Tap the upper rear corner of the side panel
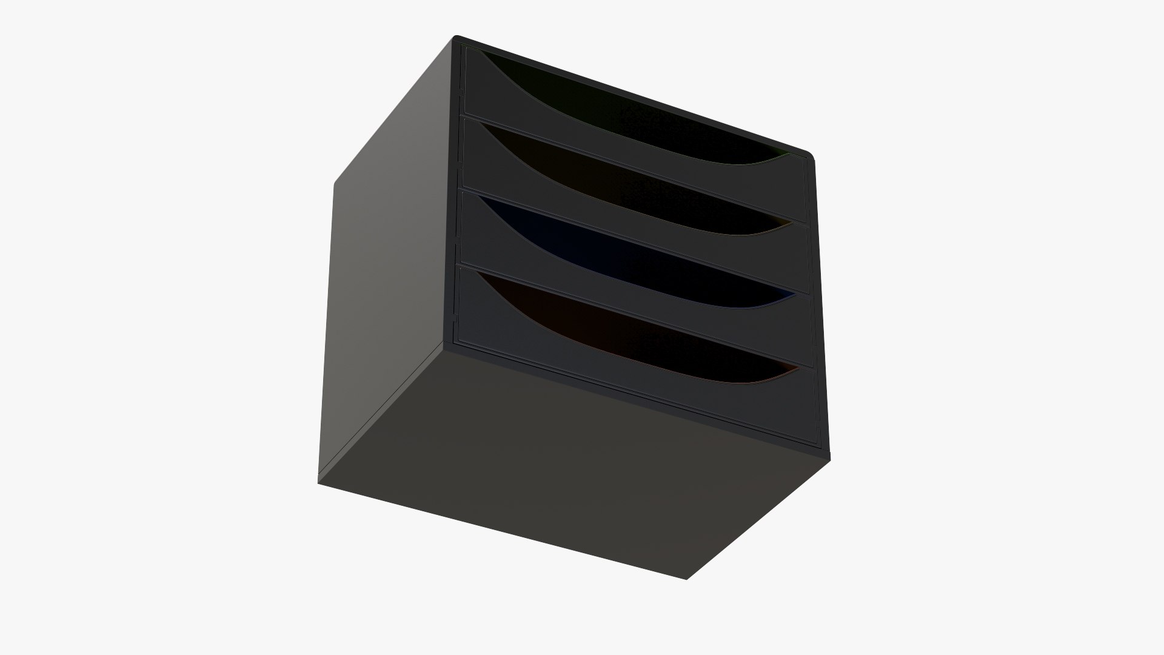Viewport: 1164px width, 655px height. click(x=335, y=182)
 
